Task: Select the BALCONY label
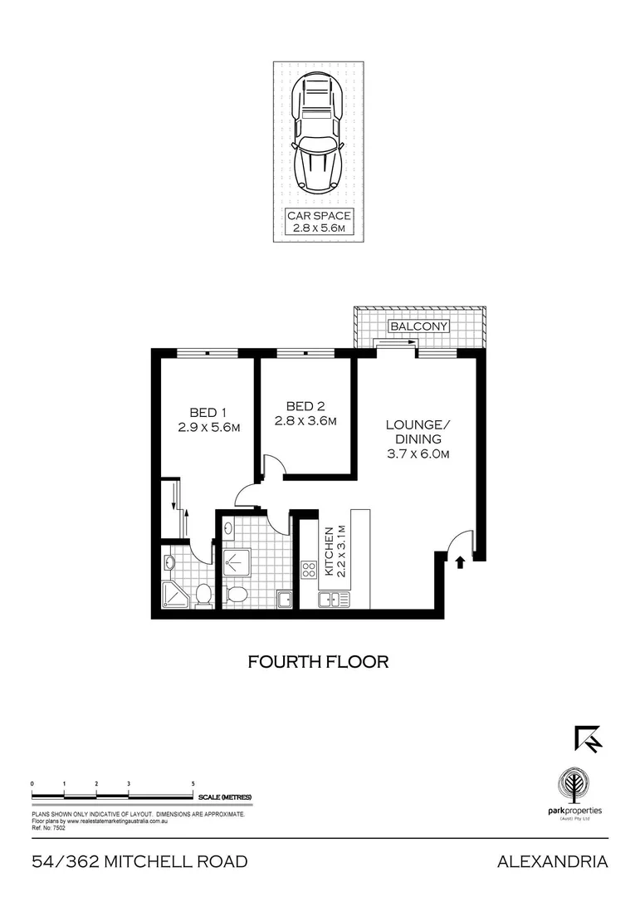(419, 326)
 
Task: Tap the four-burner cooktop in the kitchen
(308, 570)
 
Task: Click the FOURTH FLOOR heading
(319, 662)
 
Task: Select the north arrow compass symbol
(587, 738)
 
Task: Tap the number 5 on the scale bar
(193, 783)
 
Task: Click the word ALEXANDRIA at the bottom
(552, 862)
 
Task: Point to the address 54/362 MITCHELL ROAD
(139, 862)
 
